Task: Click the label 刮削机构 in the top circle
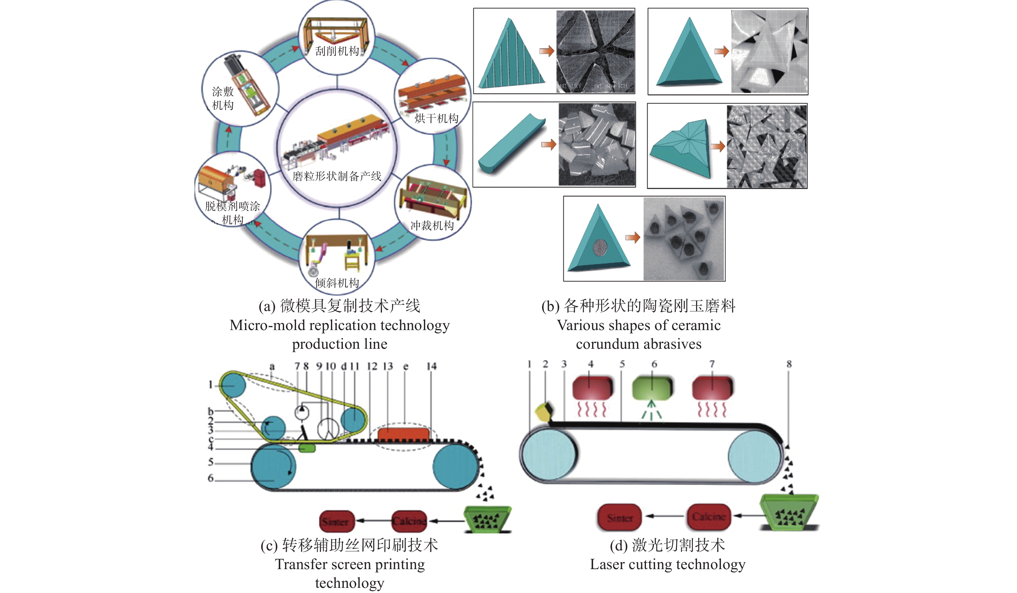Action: coord(337,51)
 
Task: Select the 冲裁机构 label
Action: coord(432,226)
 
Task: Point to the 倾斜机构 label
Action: coord(337,283)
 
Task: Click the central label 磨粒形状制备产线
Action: coord(337,176)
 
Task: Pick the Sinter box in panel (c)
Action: coord(336,521)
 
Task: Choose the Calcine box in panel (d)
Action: coord(709,517)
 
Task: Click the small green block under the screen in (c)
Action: coord(307,448)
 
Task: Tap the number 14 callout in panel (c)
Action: coord(431,366)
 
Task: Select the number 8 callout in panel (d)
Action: coord(789,364)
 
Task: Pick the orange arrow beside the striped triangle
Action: coord(546,51)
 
